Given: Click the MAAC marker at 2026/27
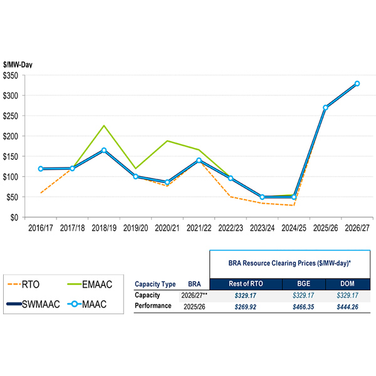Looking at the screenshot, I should (x=357, y=83).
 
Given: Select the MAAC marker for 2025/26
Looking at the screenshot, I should (x=325, y=108).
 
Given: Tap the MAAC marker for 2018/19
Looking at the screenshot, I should (x=104, y=150).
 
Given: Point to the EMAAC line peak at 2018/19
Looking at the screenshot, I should (x=104, y=125).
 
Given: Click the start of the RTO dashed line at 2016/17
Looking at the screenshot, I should (x=41, y=192).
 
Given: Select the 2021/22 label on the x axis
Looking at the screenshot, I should (x=199, y=229).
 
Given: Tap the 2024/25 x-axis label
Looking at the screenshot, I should (x=293, y=229).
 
